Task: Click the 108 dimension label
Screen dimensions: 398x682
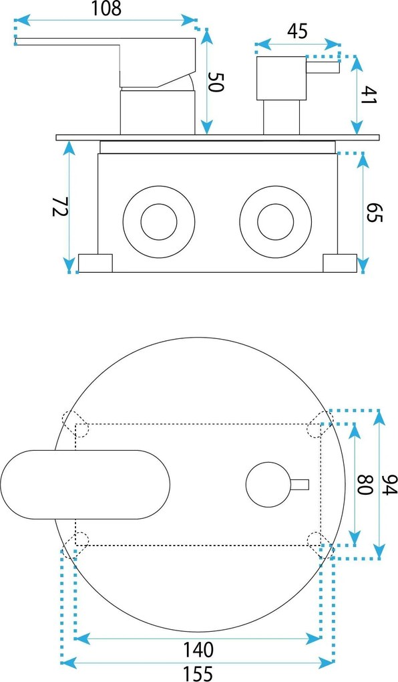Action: [x=106, y=9]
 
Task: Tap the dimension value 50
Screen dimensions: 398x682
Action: [x=216, y=82]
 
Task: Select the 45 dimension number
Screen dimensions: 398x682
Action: [x=298, y=31]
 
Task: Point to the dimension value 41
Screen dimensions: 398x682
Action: [x=369, y=94]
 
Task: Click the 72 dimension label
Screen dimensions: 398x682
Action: [x=60, y=207]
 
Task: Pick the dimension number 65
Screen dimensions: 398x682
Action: [x=374, y=212]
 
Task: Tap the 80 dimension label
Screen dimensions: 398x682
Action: [x=365, y=484]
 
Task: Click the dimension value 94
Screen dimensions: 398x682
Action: [x=389, y=484]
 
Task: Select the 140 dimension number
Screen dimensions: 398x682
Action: [x=198, y=649]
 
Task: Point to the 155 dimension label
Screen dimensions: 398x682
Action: [x=197, y=673]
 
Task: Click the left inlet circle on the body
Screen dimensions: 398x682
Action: [x=159, y=222]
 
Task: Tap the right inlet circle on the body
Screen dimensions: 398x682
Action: [x=276, y=222]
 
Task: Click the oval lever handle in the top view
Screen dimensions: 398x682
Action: [x=85, y=485]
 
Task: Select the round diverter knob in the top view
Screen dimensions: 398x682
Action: [x=268, y=485]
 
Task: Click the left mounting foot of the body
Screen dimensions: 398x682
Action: [x=95, y=263]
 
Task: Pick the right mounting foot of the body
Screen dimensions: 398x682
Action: [x=340, y=263]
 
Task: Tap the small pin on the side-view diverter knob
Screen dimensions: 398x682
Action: [x=323, y=68]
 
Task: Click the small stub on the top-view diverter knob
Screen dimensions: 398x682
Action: [x=299, y=485]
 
